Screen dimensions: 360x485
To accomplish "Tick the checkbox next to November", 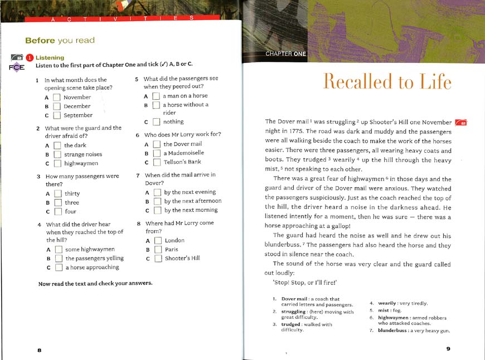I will point(56,97).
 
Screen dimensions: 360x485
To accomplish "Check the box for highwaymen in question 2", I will point(57,163).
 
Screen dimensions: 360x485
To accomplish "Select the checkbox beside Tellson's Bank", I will point(156,162).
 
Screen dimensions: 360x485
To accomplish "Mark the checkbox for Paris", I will point(157,249).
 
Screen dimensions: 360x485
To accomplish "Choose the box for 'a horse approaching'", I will point(58,267).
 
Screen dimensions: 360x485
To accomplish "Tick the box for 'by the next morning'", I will point(157,210).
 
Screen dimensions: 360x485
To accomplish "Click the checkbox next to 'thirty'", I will point(57,194).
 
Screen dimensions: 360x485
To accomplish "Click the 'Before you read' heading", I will point(60,40).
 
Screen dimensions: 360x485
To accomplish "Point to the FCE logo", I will point(17,67).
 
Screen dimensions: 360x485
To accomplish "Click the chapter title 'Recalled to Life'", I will point(387,81).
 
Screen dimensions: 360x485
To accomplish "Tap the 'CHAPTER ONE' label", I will point(286,53).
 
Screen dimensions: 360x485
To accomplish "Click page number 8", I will point(39,349).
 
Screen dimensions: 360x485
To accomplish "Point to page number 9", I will point(448,349).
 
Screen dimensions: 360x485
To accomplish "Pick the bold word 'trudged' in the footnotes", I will point(290,324).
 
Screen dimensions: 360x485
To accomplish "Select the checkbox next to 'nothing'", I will point(157,121).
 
